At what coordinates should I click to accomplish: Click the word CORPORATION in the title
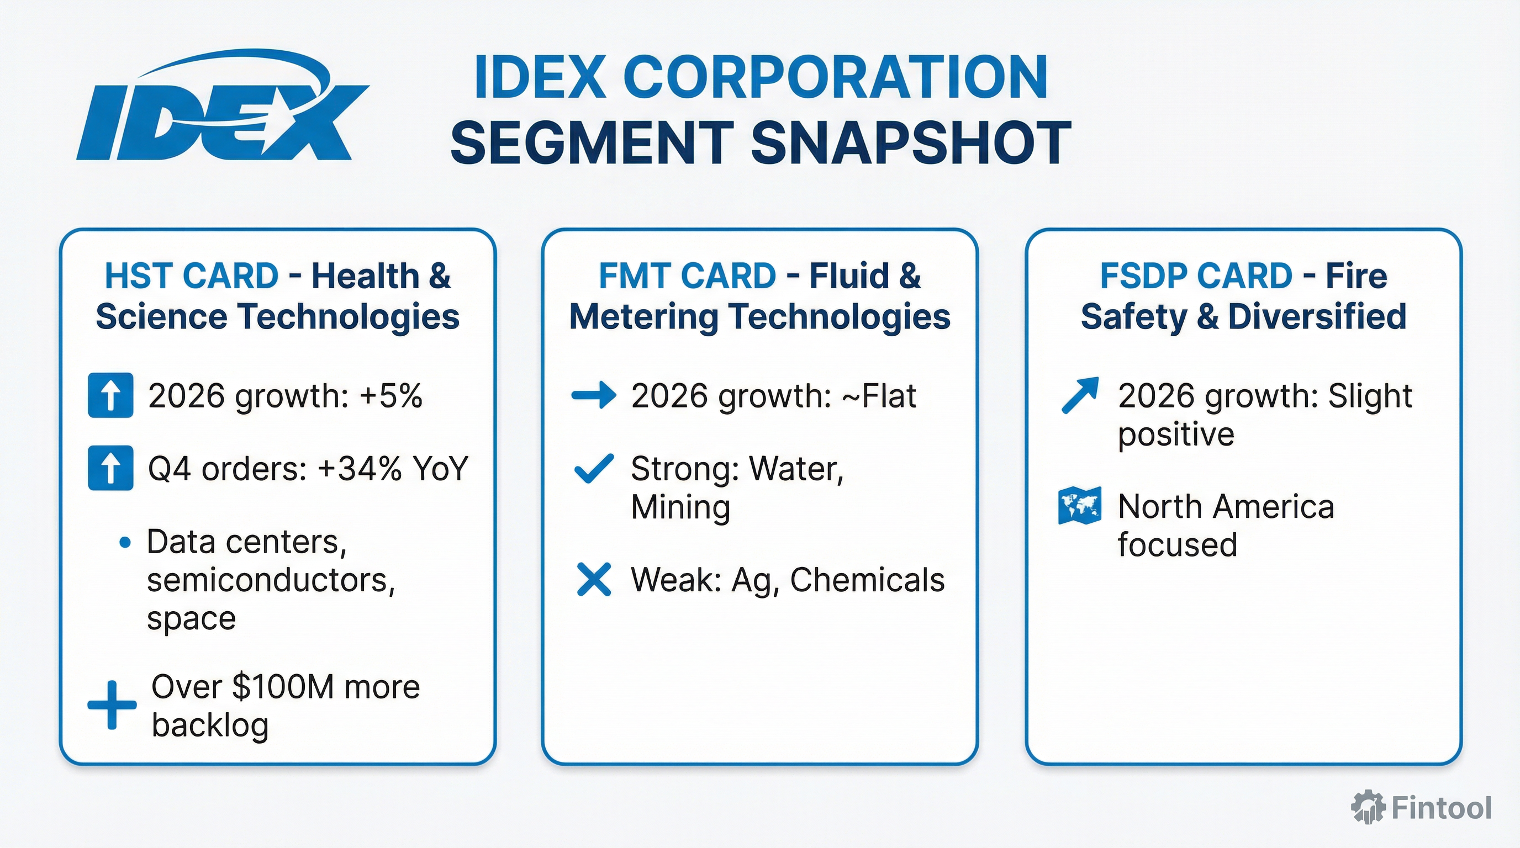(835, 78)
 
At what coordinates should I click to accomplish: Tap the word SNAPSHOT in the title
(910, 144)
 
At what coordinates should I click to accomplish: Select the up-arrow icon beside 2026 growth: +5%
(110, 395)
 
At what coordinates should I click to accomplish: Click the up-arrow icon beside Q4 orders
(110, 469)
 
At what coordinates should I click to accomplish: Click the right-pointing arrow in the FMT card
(594, 395)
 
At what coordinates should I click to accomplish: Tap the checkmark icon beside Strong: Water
(594, 469)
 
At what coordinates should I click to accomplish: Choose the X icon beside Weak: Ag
(594, 580)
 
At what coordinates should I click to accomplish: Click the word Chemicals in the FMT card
(867, 580)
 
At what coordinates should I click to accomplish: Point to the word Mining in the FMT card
(680, 507)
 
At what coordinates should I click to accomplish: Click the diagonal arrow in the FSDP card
(1080, 395)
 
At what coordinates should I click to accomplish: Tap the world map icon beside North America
(1080, 505)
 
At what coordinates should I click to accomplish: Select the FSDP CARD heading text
(1196, 276)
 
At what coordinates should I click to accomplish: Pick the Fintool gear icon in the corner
(1367, 807)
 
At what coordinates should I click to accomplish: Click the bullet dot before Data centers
(124, 543)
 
